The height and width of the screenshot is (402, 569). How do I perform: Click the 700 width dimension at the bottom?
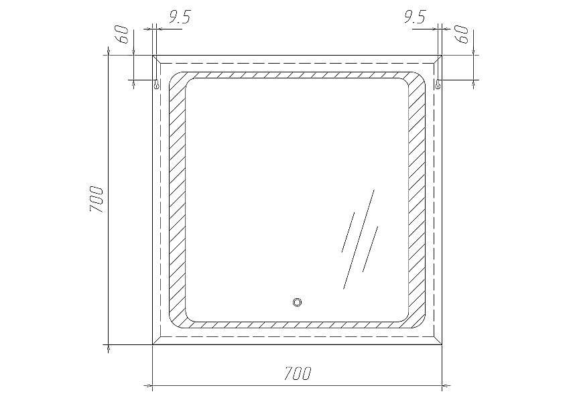coord(298,373)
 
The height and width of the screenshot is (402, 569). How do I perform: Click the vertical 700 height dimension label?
coord(97,199)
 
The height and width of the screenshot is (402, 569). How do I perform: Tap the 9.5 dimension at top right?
coord(415,17)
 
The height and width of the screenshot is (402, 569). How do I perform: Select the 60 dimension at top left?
coord(123,35)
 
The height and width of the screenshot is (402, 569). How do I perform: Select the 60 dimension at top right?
coord(462,35)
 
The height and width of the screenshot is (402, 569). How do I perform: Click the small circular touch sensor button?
coord(297,302)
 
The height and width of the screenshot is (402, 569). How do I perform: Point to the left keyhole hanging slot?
coord(156,85)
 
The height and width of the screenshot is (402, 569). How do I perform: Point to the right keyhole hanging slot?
coord(438,85)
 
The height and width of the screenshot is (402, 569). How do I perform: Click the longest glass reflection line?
coord(359,239)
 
